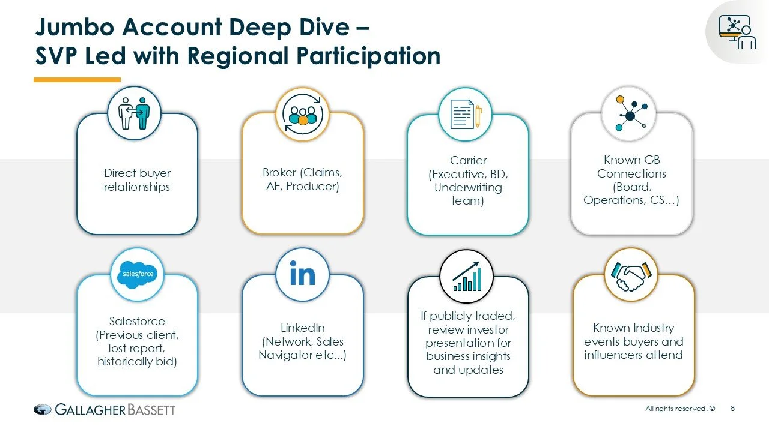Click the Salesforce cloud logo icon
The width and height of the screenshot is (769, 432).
[138, 274]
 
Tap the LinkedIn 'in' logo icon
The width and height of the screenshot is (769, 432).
[302, 275]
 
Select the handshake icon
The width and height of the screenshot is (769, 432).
[631, 275]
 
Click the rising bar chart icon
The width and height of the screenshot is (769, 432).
[467, 277]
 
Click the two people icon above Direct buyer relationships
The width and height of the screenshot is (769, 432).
[134, 113]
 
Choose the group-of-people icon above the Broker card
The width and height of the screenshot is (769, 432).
[302, 113]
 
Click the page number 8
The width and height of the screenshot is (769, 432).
[732, 409]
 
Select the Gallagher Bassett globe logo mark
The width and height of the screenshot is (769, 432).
[43, 410]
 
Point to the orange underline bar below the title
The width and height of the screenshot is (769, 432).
[77, 79]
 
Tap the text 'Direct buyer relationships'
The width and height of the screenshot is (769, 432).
[137, 180]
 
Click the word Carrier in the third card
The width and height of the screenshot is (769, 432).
[468, 160]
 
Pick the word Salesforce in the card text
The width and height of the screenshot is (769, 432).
[137, 321]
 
